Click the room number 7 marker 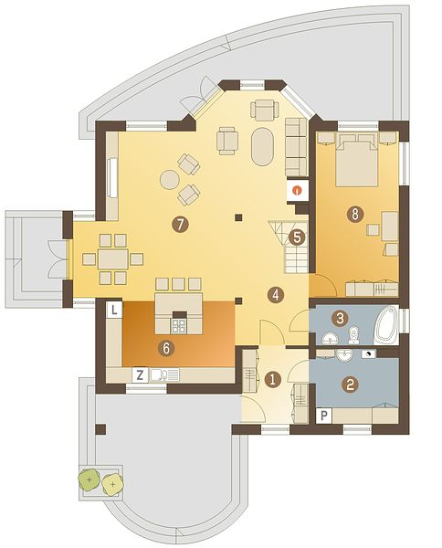(x=180, y=225)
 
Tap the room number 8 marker (x=355, y=215)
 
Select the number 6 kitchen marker (x=166, y=348)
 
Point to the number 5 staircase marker (x=297, y=237)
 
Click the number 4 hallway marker (x=276, y=295)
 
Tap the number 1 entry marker (x=273, y=380)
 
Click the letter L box (x=115, y=310)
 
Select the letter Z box (x=140, y=375)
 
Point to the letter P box (x=324, y=416)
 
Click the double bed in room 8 (x=357, y=163)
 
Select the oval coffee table (x=262, y=147)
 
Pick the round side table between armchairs (x=170, y=180)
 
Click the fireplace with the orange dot (x=298, y=191)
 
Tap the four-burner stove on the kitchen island (x=180, y=325)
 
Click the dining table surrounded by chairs (x=113, y=259)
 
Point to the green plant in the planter (x=89, y=479)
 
